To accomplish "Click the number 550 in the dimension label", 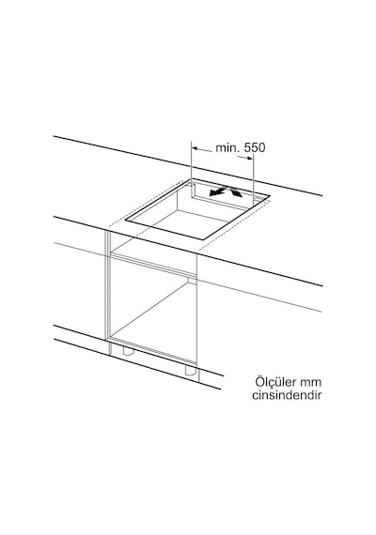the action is tap(255, 147).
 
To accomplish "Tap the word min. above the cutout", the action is tap(227, 147).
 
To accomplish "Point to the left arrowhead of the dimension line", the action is tap(196, 148).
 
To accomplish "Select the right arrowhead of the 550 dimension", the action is tap(249, 158).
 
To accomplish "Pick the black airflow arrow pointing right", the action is tap(236, 192).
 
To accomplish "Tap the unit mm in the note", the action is tap(313, 383).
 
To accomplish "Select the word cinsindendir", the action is tap(287, 395).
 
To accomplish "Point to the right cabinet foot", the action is tap(191, 372).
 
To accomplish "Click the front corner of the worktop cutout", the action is tap(203, 238).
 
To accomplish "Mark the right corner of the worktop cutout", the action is tap(270, 196).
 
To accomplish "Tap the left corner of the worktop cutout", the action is tap(125, 221).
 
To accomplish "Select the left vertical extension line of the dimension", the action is tap(192, 160).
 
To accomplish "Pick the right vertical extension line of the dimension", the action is tap(253, 180).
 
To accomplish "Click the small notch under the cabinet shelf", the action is tap(192, 281).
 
